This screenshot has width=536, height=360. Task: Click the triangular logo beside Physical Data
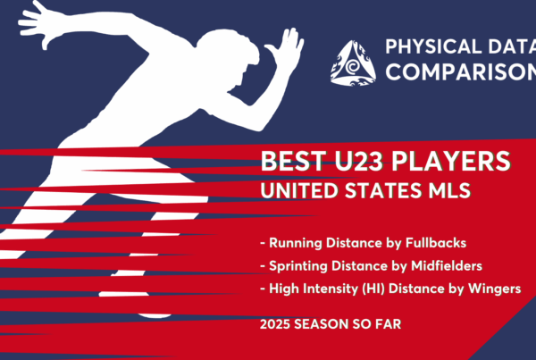353,64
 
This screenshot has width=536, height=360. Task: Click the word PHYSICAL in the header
433,46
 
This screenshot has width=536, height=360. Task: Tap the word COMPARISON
461,71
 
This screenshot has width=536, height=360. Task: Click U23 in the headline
358,161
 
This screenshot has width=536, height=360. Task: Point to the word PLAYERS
451,161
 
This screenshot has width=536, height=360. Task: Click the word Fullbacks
436,243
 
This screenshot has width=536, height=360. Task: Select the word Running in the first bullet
296,243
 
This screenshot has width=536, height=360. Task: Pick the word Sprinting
298,266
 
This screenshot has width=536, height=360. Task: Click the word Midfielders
447,265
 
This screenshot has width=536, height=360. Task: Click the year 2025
275,324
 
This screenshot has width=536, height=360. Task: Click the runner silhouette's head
229,54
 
